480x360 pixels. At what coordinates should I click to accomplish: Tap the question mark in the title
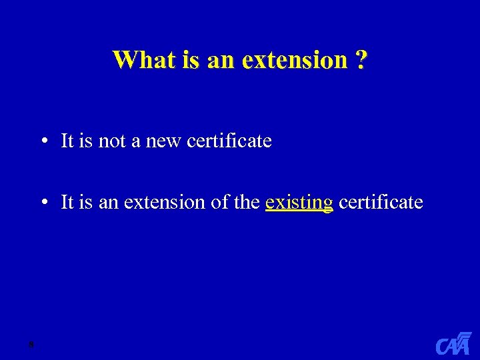[x=361, y=60]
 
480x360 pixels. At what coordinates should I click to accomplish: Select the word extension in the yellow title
[x=294, y=60]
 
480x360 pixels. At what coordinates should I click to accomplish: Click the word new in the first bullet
[x=164, y=141]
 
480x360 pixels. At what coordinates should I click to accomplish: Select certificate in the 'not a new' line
[x=229, y=141]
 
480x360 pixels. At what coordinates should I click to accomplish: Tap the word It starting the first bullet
[x=67, y=141]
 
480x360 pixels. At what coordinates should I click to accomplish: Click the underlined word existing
[x=299, y=202]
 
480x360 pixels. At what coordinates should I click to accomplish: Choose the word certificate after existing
[x=381, y=202]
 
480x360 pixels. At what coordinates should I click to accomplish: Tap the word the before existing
[x=247, y=202]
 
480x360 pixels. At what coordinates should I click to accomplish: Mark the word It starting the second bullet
[x=67, y=202]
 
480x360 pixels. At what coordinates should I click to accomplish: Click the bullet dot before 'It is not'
[x=42, y=141]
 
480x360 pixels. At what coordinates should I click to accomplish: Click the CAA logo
[x=453, y=343]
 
